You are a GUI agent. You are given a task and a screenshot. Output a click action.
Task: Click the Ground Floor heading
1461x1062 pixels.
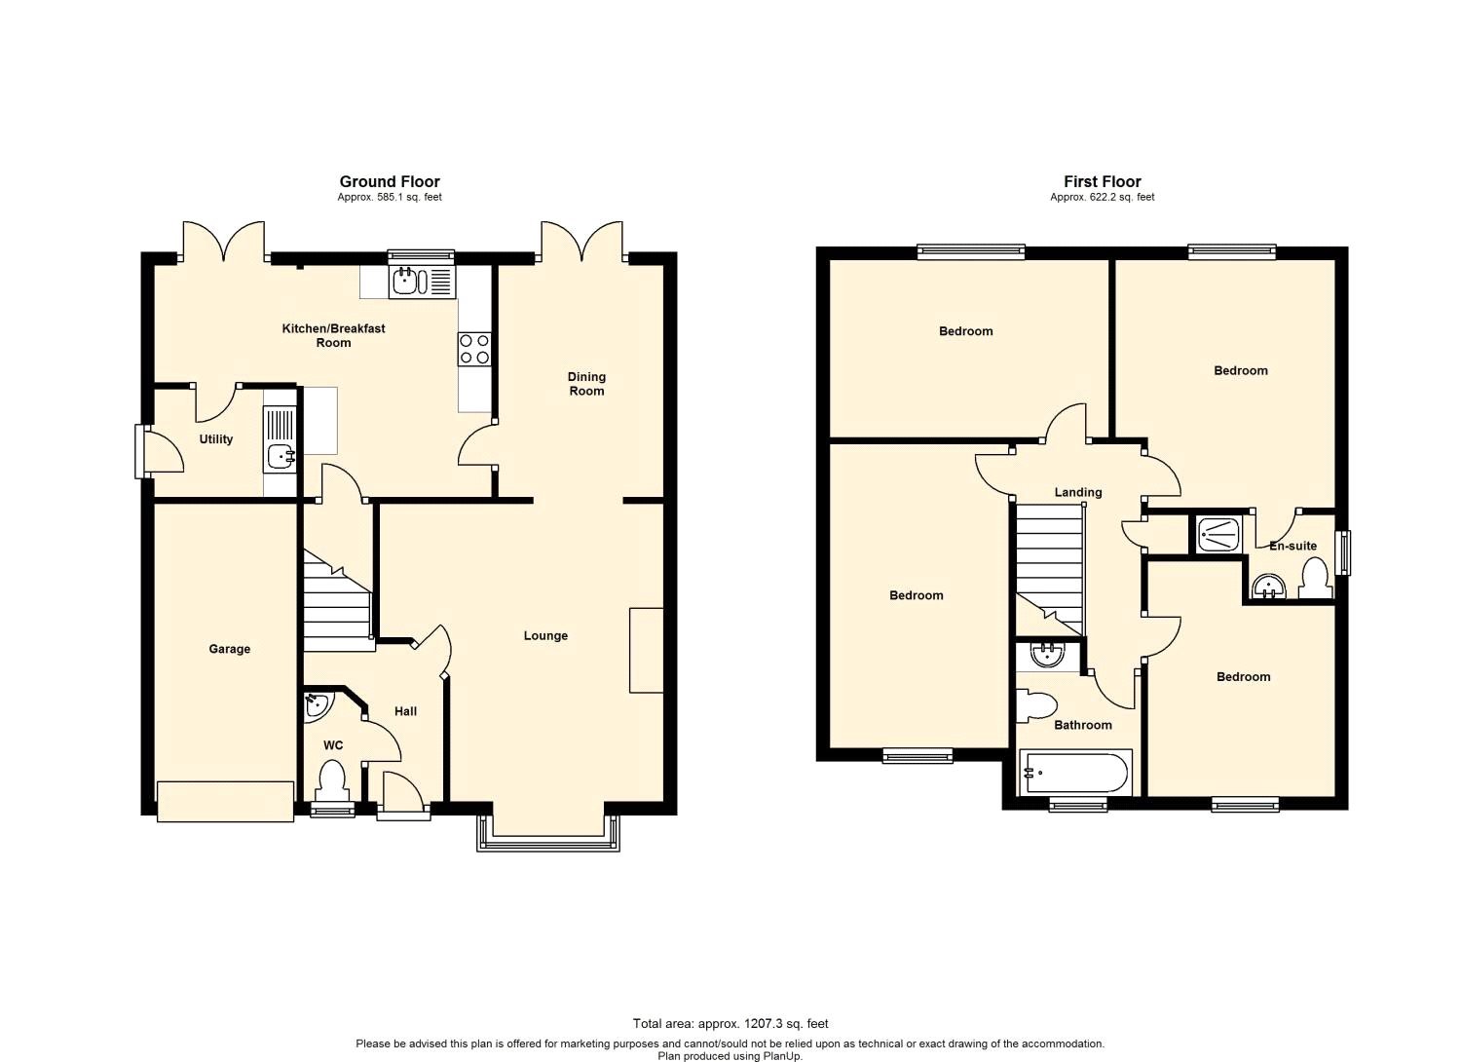(389, 181)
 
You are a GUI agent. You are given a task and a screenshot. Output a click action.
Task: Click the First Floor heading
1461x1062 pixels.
(1102, 181)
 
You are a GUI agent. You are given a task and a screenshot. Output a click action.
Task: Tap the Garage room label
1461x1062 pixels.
(229, 649)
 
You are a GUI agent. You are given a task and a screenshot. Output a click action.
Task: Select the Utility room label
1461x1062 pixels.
(215, 439)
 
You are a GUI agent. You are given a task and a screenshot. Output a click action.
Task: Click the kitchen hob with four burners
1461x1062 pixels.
(474, 349)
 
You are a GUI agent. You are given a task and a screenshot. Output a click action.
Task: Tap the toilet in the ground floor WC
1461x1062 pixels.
(332, 780)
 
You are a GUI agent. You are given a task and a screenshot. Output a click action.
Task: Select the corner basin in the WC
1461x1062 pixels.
(316, 706)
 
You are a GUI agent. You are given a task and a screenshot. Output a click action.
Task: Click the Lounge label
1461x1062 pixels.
(544, 636)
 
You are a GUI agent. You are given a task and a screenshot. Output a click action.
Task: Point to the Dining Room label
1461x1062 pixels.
(586, 384)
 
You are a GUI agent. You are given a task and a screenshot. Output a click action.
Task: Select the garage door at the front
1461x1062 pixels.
(225, 801)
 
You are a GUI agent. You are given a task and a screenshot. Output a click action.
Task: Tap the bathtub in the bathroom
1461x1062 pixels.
(1075, 774)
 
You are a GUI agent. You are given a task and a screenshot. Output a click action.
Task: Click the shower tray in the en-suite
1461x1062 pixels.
(1217, 534)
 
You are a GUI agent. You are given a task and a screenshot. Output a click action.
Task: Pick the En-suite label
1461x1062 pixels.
(1292, 547)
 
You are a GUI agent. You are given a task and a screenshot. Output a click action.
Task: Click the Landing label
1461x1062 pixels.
(1078, 492)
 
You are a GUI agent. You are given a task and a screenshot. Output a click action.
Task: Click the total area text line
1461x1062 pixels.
(730, 1023)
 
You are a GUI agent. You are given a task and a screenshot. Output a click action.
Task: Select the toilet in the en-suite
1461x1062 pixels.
(1315, 580)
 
